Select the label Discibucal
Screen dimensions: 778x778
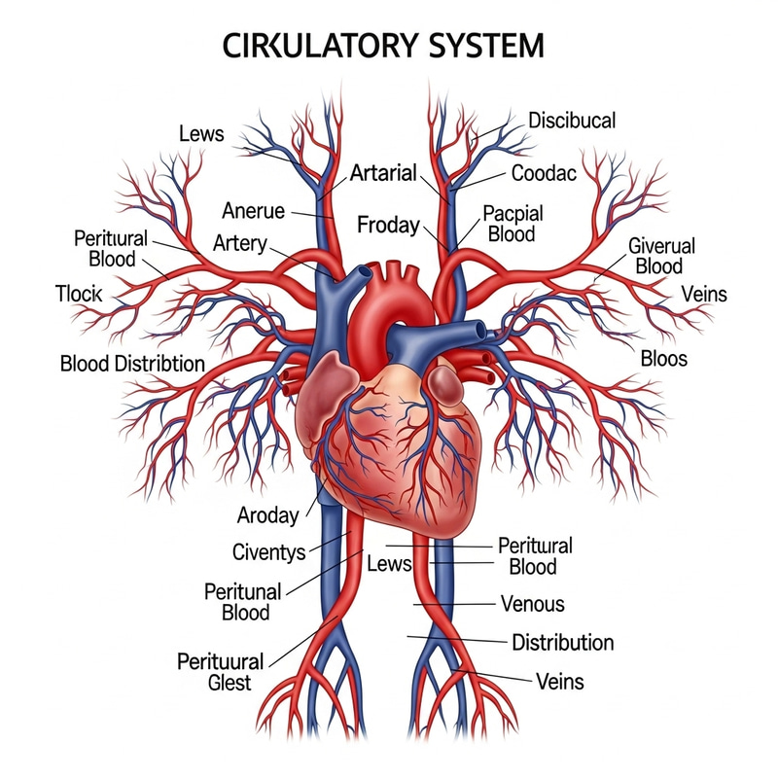[572, 121]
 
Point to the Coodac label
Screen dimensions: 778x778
[544, 173]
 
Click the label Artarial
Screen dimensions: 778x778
[383, 173]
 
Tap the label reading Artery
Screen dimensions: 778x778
[239, 242]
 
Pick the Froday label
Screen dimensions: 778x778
[388, 226]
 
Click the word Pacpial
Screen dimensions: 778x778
[513, 214]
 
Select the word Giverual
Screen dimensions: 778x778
[661, 245]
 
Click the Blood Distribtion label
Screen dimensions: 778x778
[132, 364]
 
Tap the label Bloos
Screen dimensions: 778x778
[664, 358]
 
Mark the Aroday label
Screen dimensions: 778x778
[267, 515]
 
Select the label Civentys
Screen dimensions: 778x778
[269, 552]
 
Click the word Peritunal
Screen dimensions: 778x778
[243, 591]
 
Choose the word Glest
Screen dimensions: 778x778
[229, 683]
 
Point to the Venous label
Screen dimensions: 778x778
[532, 604]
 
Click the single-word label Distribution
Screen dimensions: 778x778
[562, 643]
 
